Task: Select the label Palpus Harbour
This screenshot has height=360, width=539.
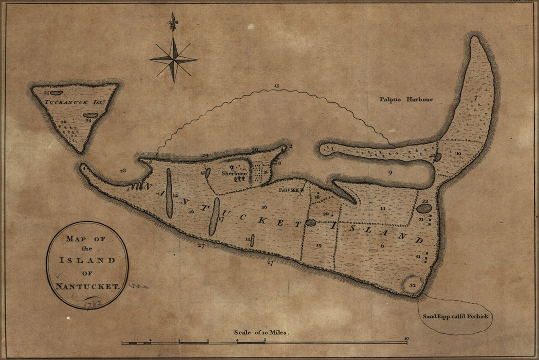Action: click(x=406, y=99)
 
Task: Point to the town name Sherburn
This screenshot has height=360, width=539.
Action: click(x=234, y=173)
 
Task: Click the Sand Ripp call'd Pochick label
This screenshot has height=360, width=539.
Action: click(x=455, y=316)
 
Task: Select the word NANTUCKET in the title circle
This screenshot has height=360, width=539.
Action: click(x=87, y=286)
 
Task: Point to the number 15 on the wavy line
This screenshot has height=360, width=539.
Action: click(x=276, y=85)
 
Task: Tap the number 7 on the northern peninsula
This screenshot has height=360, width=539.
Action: click(x=476, y=98)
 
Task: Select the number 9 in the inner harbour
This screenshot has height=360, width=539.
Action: click(x=390, y=173)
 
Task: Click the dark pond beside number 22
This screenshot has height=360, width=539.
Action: click(x=424, y=208)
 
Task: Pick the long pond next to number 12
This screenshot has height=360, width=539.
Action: click(x=169, y=193)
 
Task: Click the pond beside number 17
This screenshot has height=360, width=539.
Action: click(x=214, y=217)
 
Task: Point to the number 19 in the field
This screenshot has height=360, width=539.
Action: click(x=318, y=246)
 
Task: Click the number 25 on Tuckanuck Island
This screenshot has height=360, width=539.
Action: click(x=46, y=93)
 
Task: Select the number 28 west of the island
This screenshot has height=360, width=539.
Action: click(x=122, y=170)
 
